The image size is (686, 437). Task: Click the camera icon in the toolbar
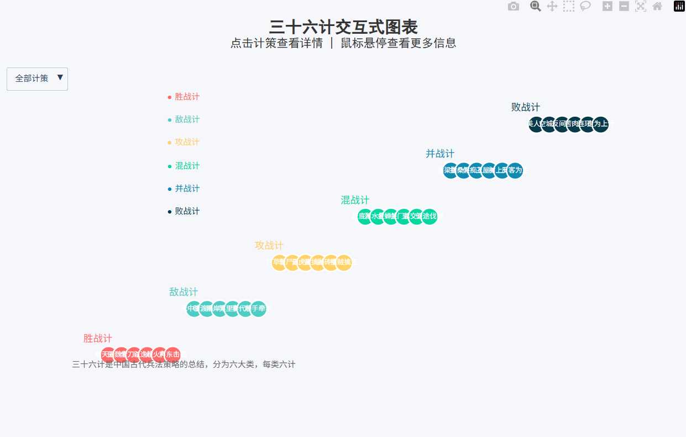click(514, 7)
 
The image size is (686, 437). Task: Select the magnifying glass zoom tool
click(535, 7)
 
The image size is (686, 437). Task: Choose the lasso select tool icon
click(585, 7)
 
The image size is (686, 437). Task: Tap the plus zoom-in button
click(607, 7)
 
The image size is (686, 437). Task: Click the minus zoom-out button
click(624, 7)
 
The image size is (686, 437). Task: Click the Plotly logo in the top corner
click(679, 7)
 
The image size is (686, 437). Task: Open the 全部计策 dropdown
click(37, 79)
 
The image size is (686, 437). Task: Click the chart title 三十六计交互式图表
click(343, 27)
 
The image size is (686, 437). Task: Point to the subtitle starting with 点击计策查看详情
click(343, 43)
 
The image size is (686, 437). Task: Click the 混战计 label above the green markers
click(355, 200)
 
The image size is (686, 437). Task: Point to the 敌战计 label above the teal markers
click(184, 292)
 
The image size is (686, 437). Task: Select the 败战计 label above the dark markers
click(525, 107)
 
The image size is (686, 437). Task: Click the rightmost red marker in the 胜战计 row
click(173, 354)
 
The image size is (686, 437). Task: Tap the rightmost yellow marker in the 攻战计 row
click(344, 262)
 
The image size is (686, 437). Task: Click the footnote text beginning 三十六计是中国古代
click(184, 365)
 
